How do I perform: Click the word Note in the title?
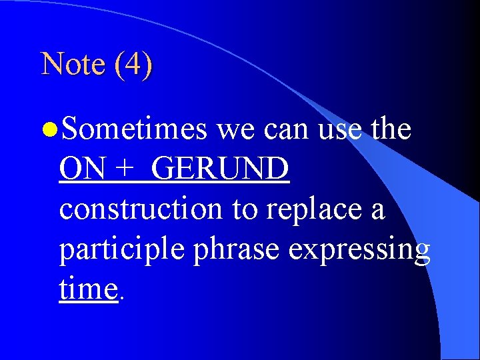point(72,64)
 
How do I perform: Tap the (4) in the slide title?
point(133,65)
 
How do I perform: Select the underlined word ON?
point(82,169)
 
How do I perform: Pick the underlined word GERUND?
point(220,169)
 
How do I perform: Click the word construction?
point(141,209)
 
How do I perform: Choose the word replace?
point(313,210)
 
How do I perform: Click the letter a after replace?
point(377,211)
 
